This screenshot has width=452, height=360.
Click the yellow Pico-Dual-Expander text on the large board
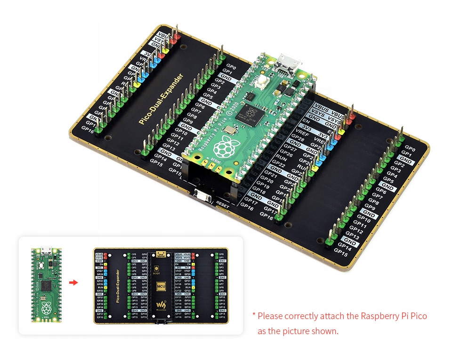tap(161, 99)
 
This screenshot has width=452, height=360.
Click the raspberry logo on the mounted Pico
tap(224, 148)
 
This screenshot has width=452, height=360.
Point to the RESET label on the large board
tap(223, 204)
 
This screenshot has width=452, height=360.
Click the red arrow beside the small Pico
tap(73, 282)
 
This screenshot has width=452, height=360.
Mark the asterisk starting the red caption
tap(253, 315)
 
